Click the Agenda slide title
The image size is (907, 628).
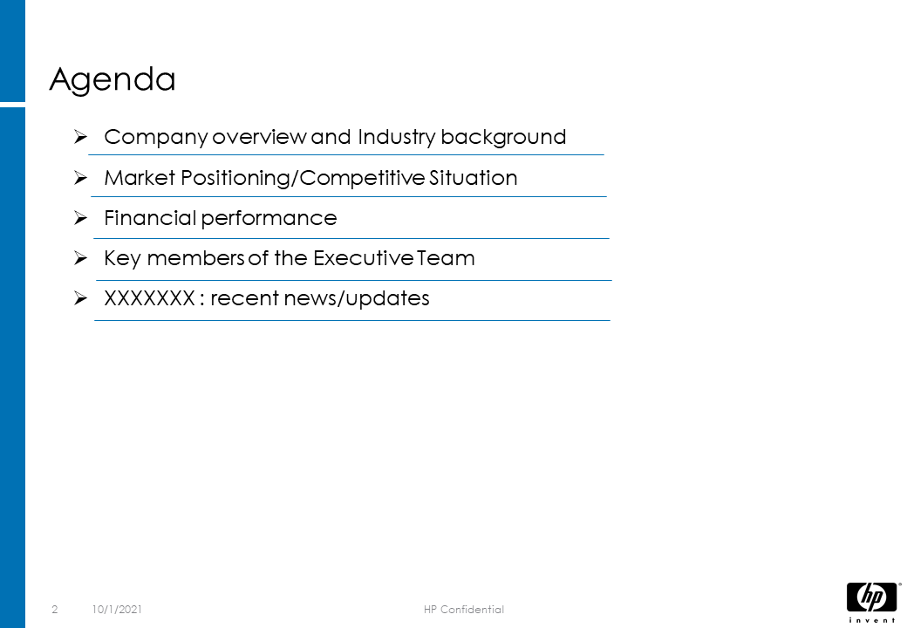pos(113,79)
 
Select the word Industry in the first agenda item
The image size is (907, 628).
pos(396,138)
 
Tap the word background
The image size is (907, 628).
pos(503,138)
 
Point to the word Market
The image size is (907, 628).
pos(140,178)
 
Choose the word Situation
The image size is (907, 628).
pos(465,178)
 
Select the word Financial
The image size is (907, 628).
pos(150,218)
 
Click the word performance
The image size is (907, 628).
pos(269,219)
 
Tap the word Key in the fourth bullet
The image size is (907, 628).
pos(122,258)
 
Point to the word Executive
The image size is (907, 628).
pos(364,258)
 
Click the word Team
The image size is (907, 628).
pos(446,258)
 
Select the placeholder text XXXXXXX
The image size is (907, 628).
pos(149,298)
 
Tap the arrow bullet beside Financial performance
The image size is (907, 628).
pos(80,218)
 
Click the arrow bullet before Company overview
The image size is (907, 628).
pos(80,137)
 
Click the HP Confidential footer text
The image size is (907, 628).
pos(464,610)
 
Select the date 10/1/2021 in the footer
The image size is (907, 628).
pos(117,610)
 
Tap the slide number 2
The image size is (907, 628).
pos(55,610)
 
